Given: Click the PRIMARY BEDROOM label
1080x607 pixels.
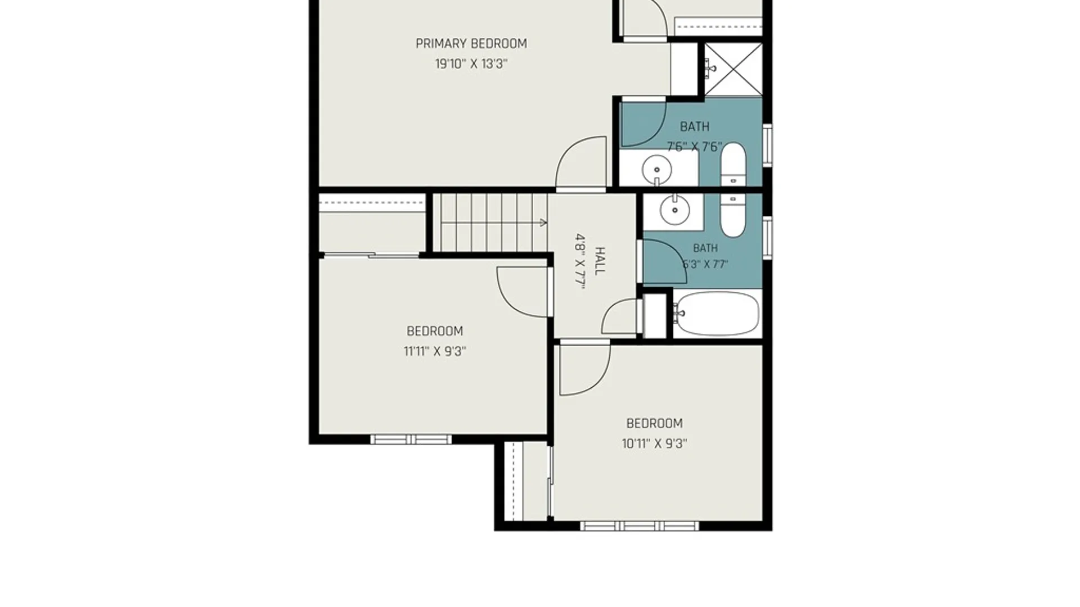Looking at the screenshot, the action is [x=471, y=44].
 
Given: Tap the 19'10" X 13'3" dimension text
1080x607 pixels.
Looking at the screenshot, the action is [x=471, y=64].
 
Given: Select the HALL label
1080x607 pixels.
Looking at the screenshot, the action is [x=600, y=261].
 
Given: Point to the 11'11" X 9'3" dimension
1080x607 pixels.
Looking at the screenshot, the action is [x=435, y=351].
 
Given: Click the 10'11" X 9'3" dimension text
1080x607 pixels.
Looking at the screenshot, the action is [x=654, y=443].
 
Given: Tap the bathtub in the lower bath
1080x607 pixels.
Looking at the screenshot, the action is [x=716, y=314].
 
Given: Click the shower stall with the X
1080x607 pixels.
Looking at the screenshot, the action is [x=733, y=69].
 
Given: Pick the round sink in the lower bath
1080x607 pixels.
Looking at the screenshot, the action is [x=674, y=211].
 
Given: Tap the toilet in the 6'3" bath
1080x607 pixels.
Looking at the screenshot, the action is [x=733, y=216].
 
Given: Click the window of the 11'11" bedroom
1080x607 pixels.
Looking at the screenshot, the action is [x=411, y=439].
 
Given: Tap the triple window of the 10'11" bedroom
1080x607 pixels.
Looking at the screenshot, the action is [x=640, y=526].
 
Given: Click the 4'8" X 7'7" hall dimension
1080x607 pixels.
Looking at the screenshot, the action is [x=580, y=261].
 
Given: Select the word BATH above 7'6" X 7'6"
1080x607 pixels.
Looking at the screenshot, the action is [x=695, y=126].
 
